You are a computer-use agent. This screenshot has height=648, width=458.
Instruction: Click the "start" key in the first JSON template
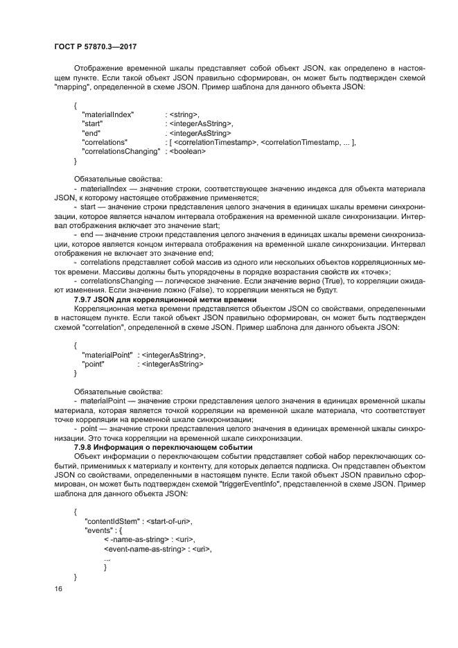94,123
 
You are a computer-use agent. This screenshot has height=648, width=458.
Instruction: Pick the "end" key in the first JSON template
91,132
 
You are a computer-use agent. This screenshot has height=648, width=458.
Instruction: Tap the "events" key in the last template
98,531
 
